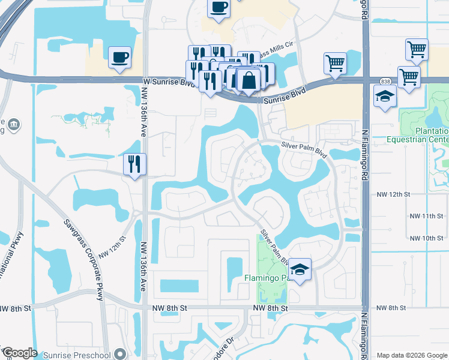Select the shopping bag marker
(247, 79)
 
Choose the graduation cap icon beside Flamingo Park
(301, 268)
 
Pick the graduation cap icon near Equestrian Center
(384, 96)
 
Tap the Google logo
(19, 353)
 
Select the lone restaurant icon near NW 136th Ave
(134, 163)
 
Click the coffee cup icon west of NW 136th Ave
(119, 58)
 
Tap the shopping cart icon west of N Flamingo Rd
(335, 62)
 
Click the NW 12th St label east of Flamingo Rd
(393, 194)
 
